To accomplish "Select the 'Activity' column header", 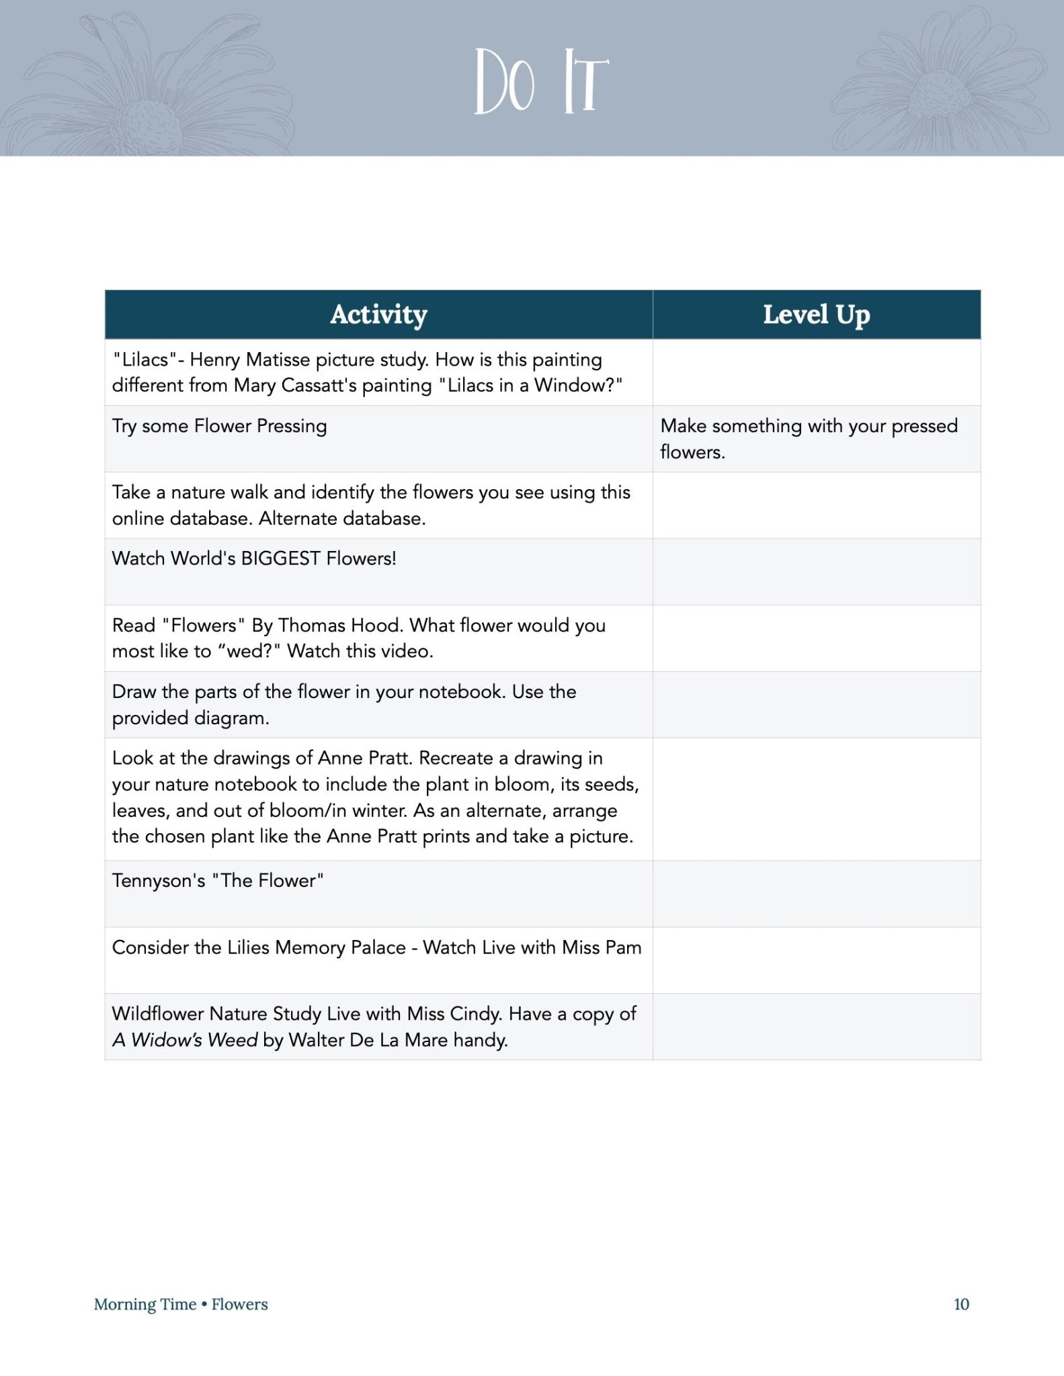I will point(378,314).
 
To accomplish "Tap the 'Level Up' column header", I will point(816,314).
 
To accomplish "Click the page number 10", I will point(961,1304).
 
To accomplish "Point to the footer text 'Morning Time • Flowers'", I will point(181,1304).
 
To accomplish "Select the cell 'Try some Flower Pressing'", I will point(219,426).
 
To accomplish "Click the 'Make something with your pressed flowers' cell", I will point(809,438).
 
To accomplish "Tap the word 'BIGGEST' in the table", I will point(280,559).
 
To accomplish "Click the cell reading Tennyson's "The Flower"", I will point(218,881).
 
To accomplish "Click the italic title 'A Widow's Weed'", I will point(185,1040).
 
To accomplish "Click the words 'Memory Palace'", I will point(340,947).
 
